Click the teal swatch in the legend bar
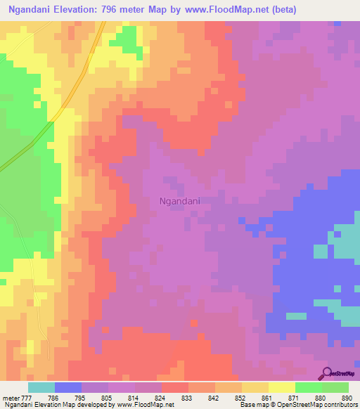(x=41, y=387)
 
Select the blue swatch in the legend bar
(x=68, y=387)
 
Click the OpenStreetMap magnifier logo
(x=327, y=372)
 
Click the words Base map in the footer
(x=251, y=405)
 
